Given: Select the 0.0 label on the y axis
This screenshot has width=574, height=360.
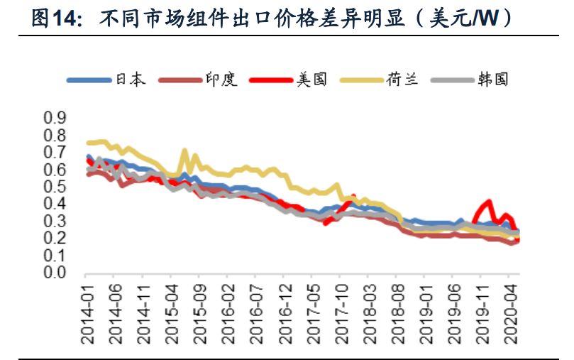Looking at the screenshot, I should pos(55,273).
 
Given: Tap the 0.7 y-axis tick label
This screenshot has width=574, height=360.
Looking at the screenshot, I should pos(55,152).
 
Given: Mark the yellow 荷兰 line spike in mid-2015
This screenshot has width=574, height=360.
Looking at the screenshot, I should pos(185,151).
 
